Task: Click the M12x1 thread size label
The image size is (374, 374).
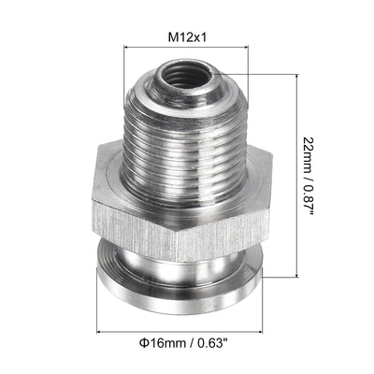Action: coord(186,37)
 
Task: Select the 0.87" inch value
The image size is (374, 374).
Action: coord(309,201)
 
